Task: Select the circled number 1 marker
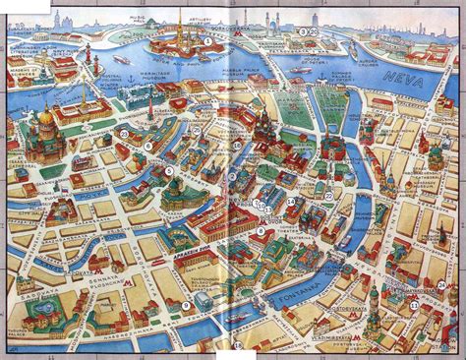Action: coord(234,177)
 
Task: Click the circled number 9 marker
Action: coord(184,306)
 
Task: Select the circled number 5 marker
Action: coord(169,170)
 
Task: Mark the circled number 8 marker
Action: coord(147,147)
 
